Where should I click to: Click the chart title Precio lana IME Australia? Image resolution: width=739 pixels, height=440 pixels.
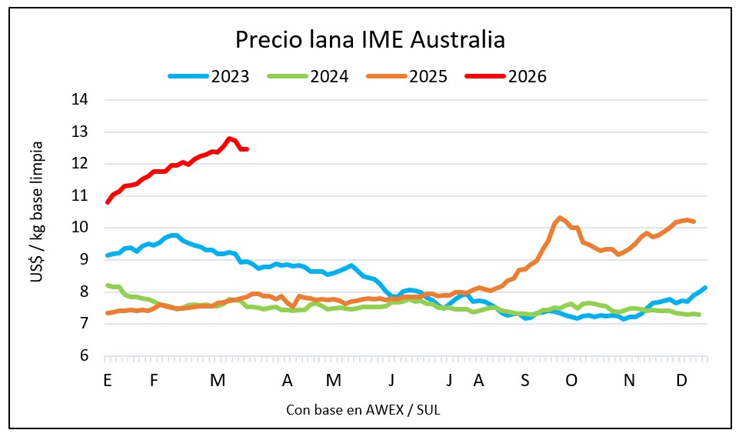tap(370, 39)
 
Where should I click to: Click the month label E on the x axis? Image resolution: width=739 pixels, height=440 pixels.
tap(107, 380)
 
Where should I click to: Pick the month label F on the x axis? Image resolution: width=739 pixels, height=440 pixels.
tap(154, 380)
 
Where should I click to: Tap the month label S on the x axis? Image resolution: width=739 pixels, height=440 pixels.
tap(524, 380)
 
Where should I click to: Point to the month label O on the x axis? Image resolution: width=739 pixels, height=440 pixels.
tap(571, 380)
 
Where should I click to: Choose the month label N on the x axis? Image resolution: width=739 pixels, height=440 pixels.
tap(629, 380)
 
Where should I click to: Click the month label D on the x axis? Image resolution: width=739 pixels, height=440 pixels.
tap(681, 380)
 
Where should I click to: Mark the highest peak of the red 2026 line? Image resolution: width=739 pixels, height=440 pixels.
tap(229, 138)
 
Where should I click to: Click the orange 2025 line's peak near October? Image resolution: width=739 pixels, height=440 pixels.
tap(560, 218)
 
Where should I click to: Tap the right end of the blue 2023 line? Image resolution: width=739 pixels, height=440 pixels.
tap(705, 288)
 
